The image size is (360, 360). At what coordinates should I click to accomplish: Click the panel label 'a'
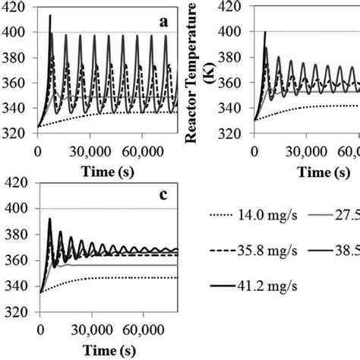[x=163, y=21]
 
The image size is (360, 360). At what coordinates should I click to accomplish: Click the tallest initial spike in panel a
[x=50, y=15]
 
